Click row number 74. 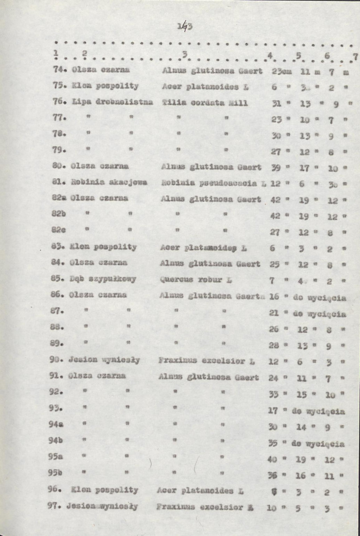58,71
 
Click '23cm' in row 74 281,71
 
